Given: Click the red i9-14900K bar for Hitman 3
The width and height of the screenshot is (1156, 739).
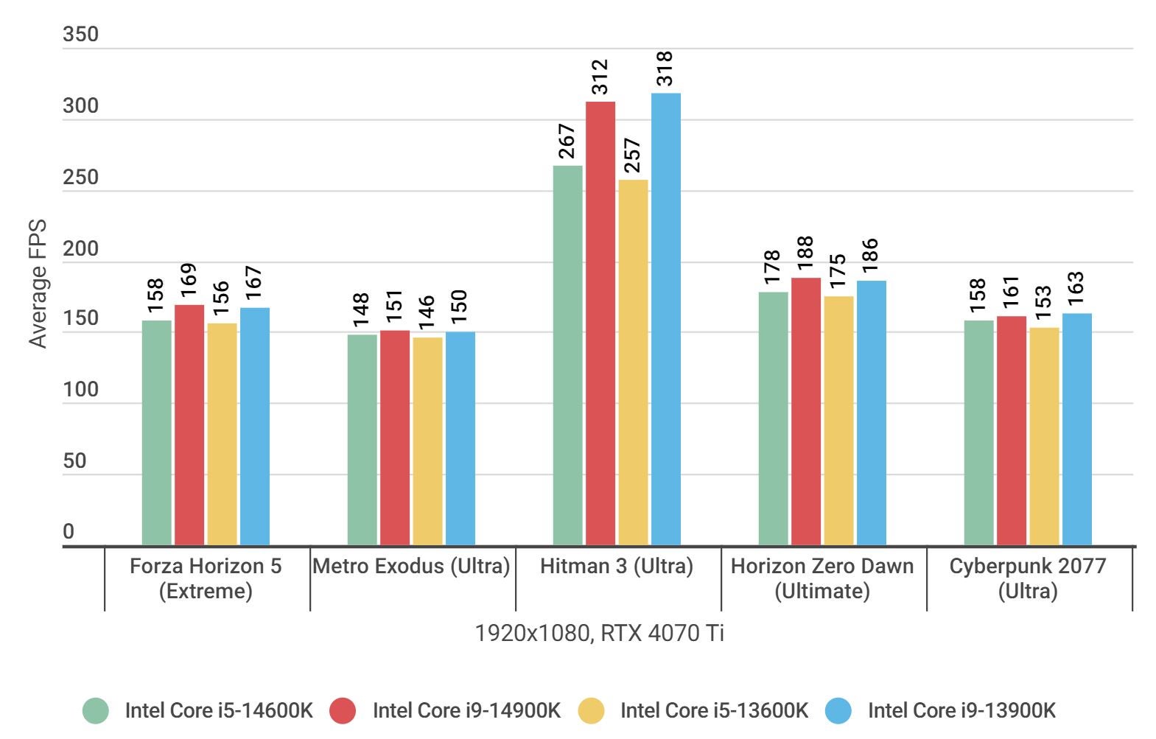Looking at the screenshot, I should (x=600, y=324).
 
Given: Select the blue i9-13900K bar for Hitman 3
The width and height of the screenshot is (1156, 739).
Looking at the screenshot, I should (x=665, y=320).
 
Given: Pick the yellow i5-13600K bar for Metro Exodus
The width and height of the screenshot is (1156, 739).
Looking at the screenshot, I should (x=427, y=442).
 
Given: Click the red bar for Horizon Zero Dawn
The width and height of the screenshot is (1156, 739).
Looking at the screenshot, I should (x=805, y=412).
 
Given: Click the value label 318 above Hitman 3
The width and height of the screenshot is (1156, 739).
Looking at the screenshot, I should (x=665, y=69).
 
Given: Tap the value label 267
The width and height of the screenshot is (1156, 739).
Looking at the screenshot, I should (x=567, y=141).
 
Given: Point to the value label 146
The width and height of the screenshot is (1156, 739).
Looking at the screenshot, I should (x=427, y=313).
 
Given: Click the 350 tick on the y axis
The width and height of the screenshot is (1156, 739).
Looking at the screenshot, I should (x=80, y=35).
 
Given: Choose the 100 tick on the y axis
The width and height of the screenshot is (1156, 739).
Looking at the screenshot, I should (x=80, y=389).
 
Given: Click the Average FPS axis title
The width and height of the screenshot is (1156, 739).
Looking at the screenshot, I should (x=38, y=284).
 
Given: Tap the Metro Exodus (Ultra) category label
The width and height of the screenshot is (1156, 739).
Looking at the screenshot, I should (x=411, y=566).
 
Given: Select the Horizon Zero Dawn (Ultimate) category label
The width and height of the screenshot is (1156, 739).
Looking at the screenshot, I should (x=822, y=578).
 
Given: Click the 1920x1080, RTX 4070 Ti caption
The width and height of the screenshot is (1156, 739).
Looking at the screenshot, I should (x=599, y=633).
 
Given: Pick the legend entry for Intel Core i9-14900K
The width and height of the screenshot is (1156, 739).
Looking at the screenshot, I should (x=466, y=710).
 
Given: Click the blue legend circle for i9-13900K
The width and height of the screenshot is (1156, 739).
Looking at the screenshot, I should (x=838, y=710).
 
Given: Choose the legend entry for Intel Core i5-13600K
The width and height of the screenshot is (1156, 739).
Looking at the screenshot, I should (x=713, y=710).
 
